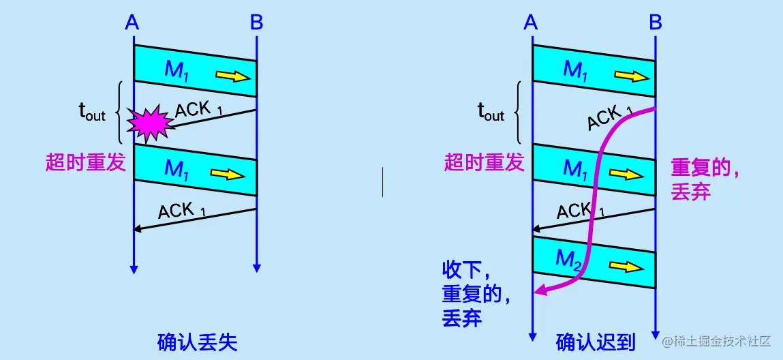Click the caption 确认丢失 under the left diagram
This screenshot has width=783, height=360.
point(197,342)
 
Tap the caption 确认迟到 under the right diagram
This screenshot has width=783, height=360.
point(596,342)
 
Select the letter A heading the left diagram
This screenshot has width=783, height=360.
point(132,23)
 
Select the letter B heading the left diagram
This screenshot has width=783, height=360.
point(256,23)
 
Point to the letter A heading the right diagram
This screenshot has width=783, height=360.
point(531,23)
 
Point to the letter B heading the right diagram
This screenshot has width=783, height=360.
point(655,23)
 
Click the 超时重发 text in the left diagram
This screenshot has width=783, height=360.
point(86,162)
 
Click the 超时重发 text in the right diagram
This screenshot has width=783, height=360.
point(485,162)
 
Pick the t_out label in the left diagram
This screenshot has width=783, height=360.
point(91,113)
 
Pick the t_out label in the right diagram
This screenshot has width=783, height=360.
point(490,113)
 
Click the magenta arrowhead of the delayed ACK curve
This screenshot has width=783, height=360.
point(540,291)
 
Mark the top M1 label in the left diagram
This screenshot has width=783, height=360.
point(176,70)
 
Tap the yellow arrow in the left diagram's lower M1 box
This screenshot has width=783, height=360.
point(229,175)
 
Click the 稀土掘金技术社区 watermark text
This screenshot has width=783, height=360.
point(722,340)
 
